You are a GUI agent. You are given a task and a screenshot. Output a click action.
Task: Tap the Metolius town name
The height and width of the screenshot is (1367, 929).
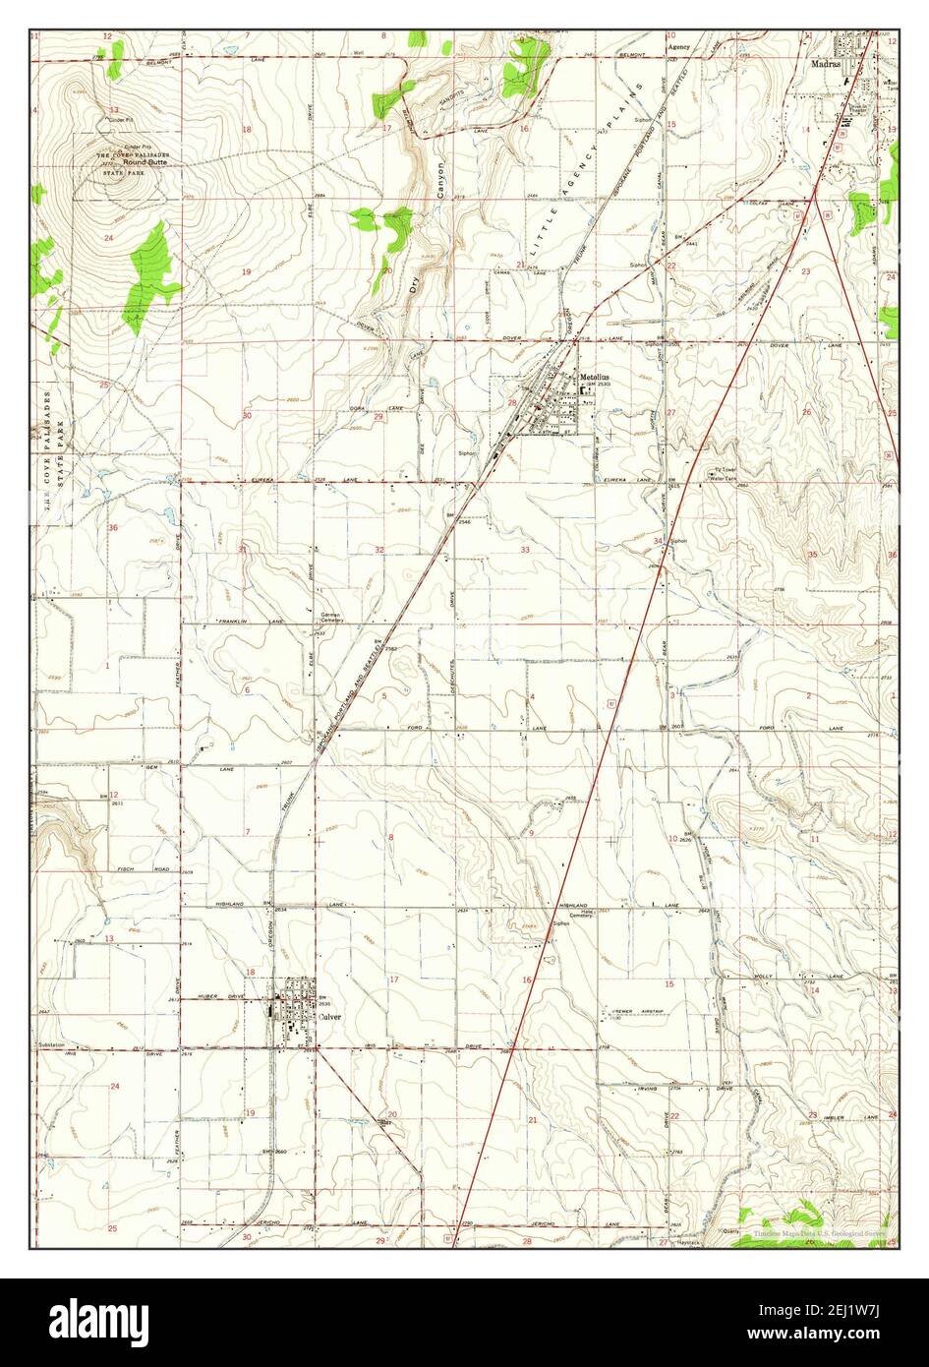(x=596, y=376)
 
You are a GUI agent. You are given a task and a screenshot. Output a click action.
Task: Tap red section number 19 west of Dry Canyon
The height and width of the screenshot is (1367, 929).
(x=247, y=271)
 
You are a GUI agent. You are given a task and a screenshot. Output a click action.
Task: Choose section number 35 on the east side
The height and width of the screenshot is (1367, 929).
(x=812, y=555)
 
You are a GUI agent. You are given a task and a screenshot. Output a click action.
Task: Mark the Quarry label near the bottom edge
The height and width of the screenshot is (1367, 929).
(x=730, y=1230)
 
